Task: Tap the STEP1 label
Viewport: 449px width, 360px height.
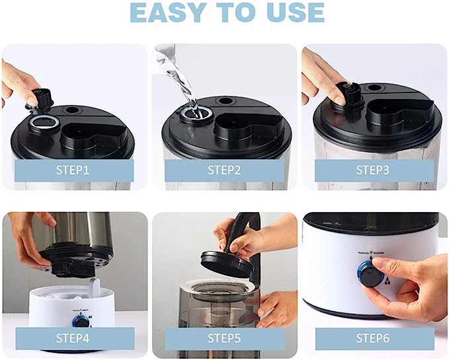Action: coord(74,170)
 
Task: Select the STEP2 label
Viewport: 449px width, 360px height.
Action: coord(224,170)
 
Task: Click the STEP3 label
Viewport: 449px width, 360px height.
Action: coord(374,170)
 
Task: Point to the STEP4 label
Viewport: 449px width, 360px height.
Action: coord(74,339)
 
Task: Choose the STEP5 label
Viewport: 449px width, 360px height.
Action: coord(224,339)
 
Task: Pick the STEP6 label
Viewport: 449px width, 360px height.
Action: coord(374,339)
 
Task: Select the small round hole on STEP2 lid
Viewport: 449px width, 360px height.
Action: coord(225,101)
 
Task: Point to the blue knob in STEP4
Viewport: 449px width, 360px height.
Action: coord(82,322)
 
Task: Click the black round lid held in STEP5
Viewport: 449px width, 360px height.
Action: coord(226,263)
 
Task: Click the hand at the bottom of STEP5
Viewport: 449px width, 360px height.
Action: coord(278,307)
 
